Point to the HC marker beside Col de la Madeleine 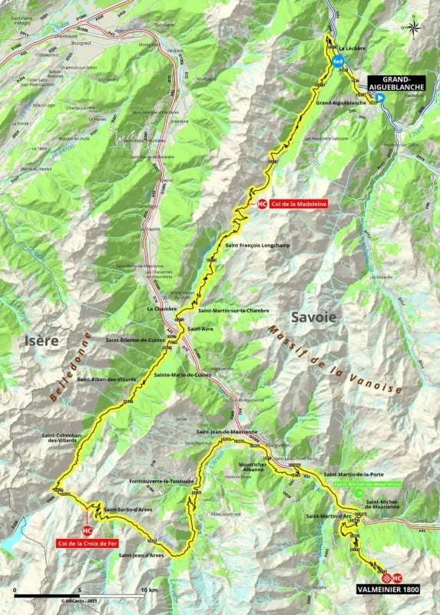click(x=263, y=204)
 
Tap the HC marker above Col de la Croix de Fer click(x=87, y=530)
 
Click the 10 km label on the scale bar click(x=151, y=590)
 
